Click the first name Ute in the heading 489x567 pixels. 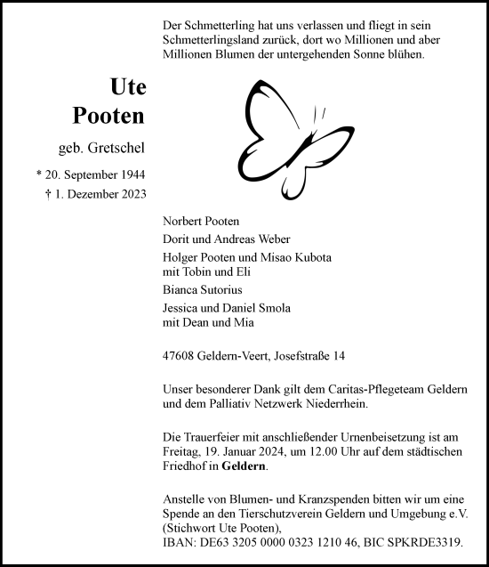pyautogui.click(x=127, y=87)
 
